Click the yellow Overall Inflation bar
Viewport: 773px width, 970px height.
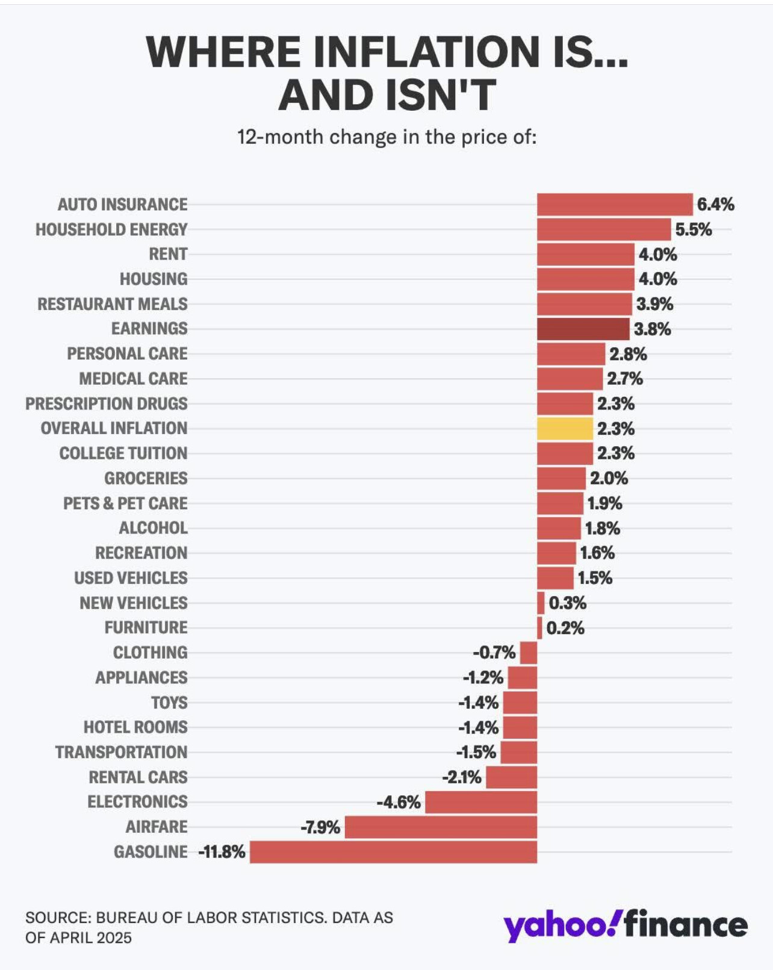(x=565, y=428)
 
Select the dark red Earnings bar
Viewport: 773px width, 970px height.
(x=583, y=329)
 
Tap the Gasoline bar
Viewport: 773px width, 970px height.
(x=394, y=852)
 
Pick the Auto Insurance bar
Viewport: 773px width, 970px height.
(x=615, y=204)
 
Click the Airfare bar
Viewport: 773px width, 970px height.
(x=441, y=827)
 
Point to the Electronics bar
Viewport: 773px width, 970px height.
(x=481, y=802)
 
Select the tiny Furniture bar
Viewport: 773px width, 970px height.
(x=539, y=628)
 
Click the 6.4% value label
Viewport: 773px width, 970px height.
(x=716, y=204)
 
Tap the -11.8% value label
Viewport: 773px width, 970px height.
(x=222, y=852)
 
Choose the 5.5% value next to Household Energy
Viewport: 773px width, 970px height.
(x=694, y=229)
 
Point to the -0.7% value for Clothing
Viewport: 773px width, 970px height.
(x=494, y=652)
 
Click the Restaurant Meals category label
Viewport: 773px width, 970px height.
(x=112, y=304)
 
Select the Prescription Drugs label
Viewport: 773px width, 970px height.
(x=107, y=403)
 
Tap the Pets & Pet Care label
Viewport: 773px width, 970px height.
(x=125, y=503)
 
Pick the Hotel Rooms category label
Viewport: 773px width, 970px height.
(x=135, y=727)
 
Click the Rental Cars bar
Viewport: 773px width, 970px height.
(x=512, y=777)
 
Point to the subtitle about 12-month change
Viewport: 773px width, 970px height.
(x=387, y=137)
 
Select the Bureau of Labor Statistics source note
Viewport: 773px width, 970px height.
(x=209, y=928)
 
